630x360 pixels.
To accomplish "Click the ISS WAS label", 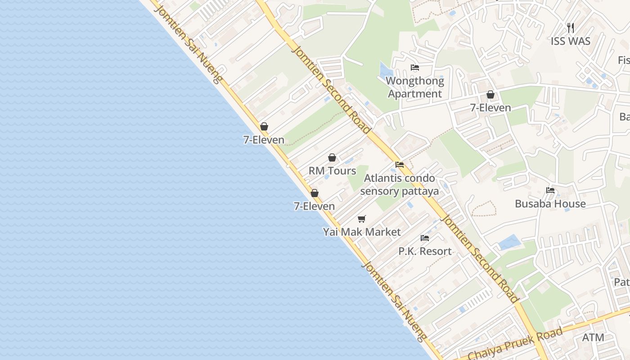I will [x=570, y=41].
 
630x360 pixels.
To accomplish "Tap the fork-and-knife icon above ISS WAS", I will [x=571, y=28].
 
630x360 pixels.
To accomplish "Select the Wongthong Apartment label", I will [x=415, y=87].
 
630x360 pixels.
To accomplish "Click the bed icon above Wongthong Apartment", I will [x=415, y=68].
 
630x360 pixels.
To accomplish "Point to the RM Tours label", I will [x=332, y=171].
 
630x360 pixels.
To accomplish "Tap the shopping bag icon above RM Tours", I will [x=332, y=157].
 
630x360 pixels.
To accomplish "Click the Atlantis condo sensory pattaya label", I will [x=399, y=184].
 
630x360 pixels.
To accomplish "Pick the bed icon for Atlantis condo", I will [x=399, y=165].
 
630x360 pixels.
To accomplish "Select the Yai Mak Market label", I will [x=362, y=232].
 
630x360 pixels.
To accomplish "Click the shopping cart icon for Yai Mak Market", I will [x=362, y=219].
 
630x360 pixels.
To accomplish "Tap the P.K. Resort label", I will [x=425, y=251].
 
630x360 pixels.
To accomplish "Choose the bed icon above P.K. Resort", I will [x=425, y=238].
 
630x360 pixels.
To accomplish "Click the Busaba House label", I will [x=550, y=204].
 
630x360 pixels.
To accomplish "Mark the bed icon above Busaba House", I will [x=550, y=190].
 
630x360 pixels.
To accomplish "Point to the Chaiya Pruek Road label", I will [x=515, y=344].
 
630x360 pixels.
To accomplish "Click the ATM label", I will [x=593, y=337].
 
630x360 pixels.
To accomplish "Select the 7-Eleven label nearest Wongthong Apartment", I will [x=490, y=108].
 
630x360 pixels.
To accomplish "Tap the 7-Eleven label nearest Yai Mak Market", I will [x=314, y=207].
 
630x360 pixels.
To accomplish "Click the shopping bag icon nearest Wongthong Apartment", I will [x=490, y=95].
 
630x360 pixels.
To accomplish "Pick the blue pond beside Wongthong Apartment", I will [x=385, y=71].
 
